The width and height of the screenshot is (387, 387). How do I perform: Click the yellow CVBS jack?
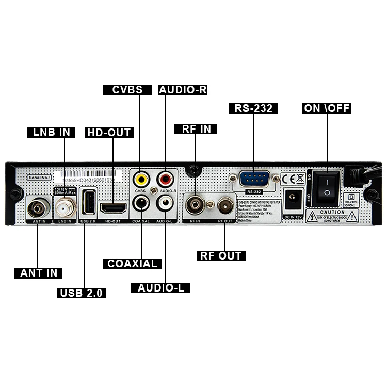tap(140, 179)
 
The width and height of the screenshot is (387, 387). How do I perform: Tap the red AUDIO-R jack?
tap(166, 179)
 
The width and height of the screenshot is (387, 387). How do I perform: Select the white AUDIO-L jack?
tap(166, 203)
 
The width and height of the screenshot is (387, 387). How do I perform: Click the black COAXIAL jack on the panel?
tap(141, 203)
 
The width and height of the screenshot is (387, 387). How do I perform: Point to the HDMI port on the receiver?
tap(113, 208)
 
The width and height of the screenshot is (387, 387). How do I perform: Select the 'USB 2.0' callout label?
tap(82, 293)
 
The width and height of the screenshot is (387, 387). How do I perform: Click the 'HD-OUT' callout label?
tap(109, 133)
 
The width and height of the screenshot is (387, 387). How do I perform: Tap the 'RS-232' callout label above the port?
tap(253, 108)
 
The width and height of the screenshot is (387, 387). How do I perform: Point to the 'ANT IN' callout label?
tap(38, 273)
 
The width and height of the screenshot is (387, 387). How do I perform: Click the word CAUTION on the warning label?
tap(332, 212)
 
